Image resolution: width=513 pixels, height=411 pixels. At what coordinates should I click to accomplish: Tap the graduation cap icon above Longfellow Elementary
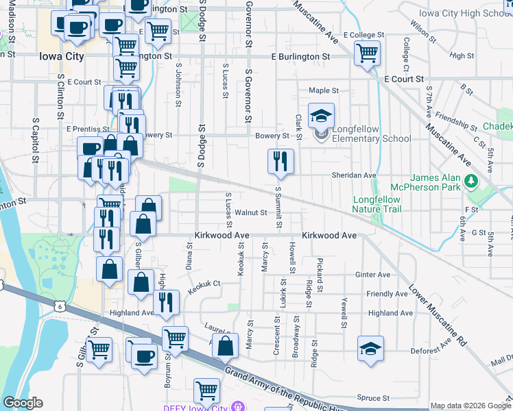(x=320, y=116)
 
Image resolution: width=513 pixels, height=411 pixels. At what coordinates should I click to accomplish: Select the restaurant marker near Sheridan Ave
(x=281, y=162)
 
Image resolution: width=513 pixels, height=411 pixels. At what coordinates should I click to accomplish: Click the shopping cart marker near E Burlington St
(x=367, y=53)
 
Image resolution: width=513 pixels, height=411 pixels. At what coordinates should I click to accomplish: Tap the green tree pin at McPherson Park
(x=470, y=182)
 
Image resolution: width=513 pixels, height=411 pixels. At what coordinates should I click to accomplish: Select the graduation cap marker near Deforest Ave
(x=370, y=349)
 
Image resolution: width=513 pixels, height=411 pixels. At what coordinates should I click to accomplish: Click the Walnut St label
(x=250, y=212)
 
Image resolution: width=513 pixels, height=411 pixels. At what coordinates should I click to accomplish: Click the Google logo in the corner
(x=23, y=403)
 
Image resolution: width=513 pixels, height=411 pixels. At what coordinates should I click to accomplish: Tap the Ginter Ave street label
(x=373, y=275)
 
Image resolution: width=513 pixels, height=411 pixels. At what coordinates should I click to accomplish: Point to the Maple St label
(x=324, y=90)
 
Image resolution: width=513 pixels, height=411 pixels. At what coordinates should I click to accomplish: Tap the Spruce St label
(x=373, y=397)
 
